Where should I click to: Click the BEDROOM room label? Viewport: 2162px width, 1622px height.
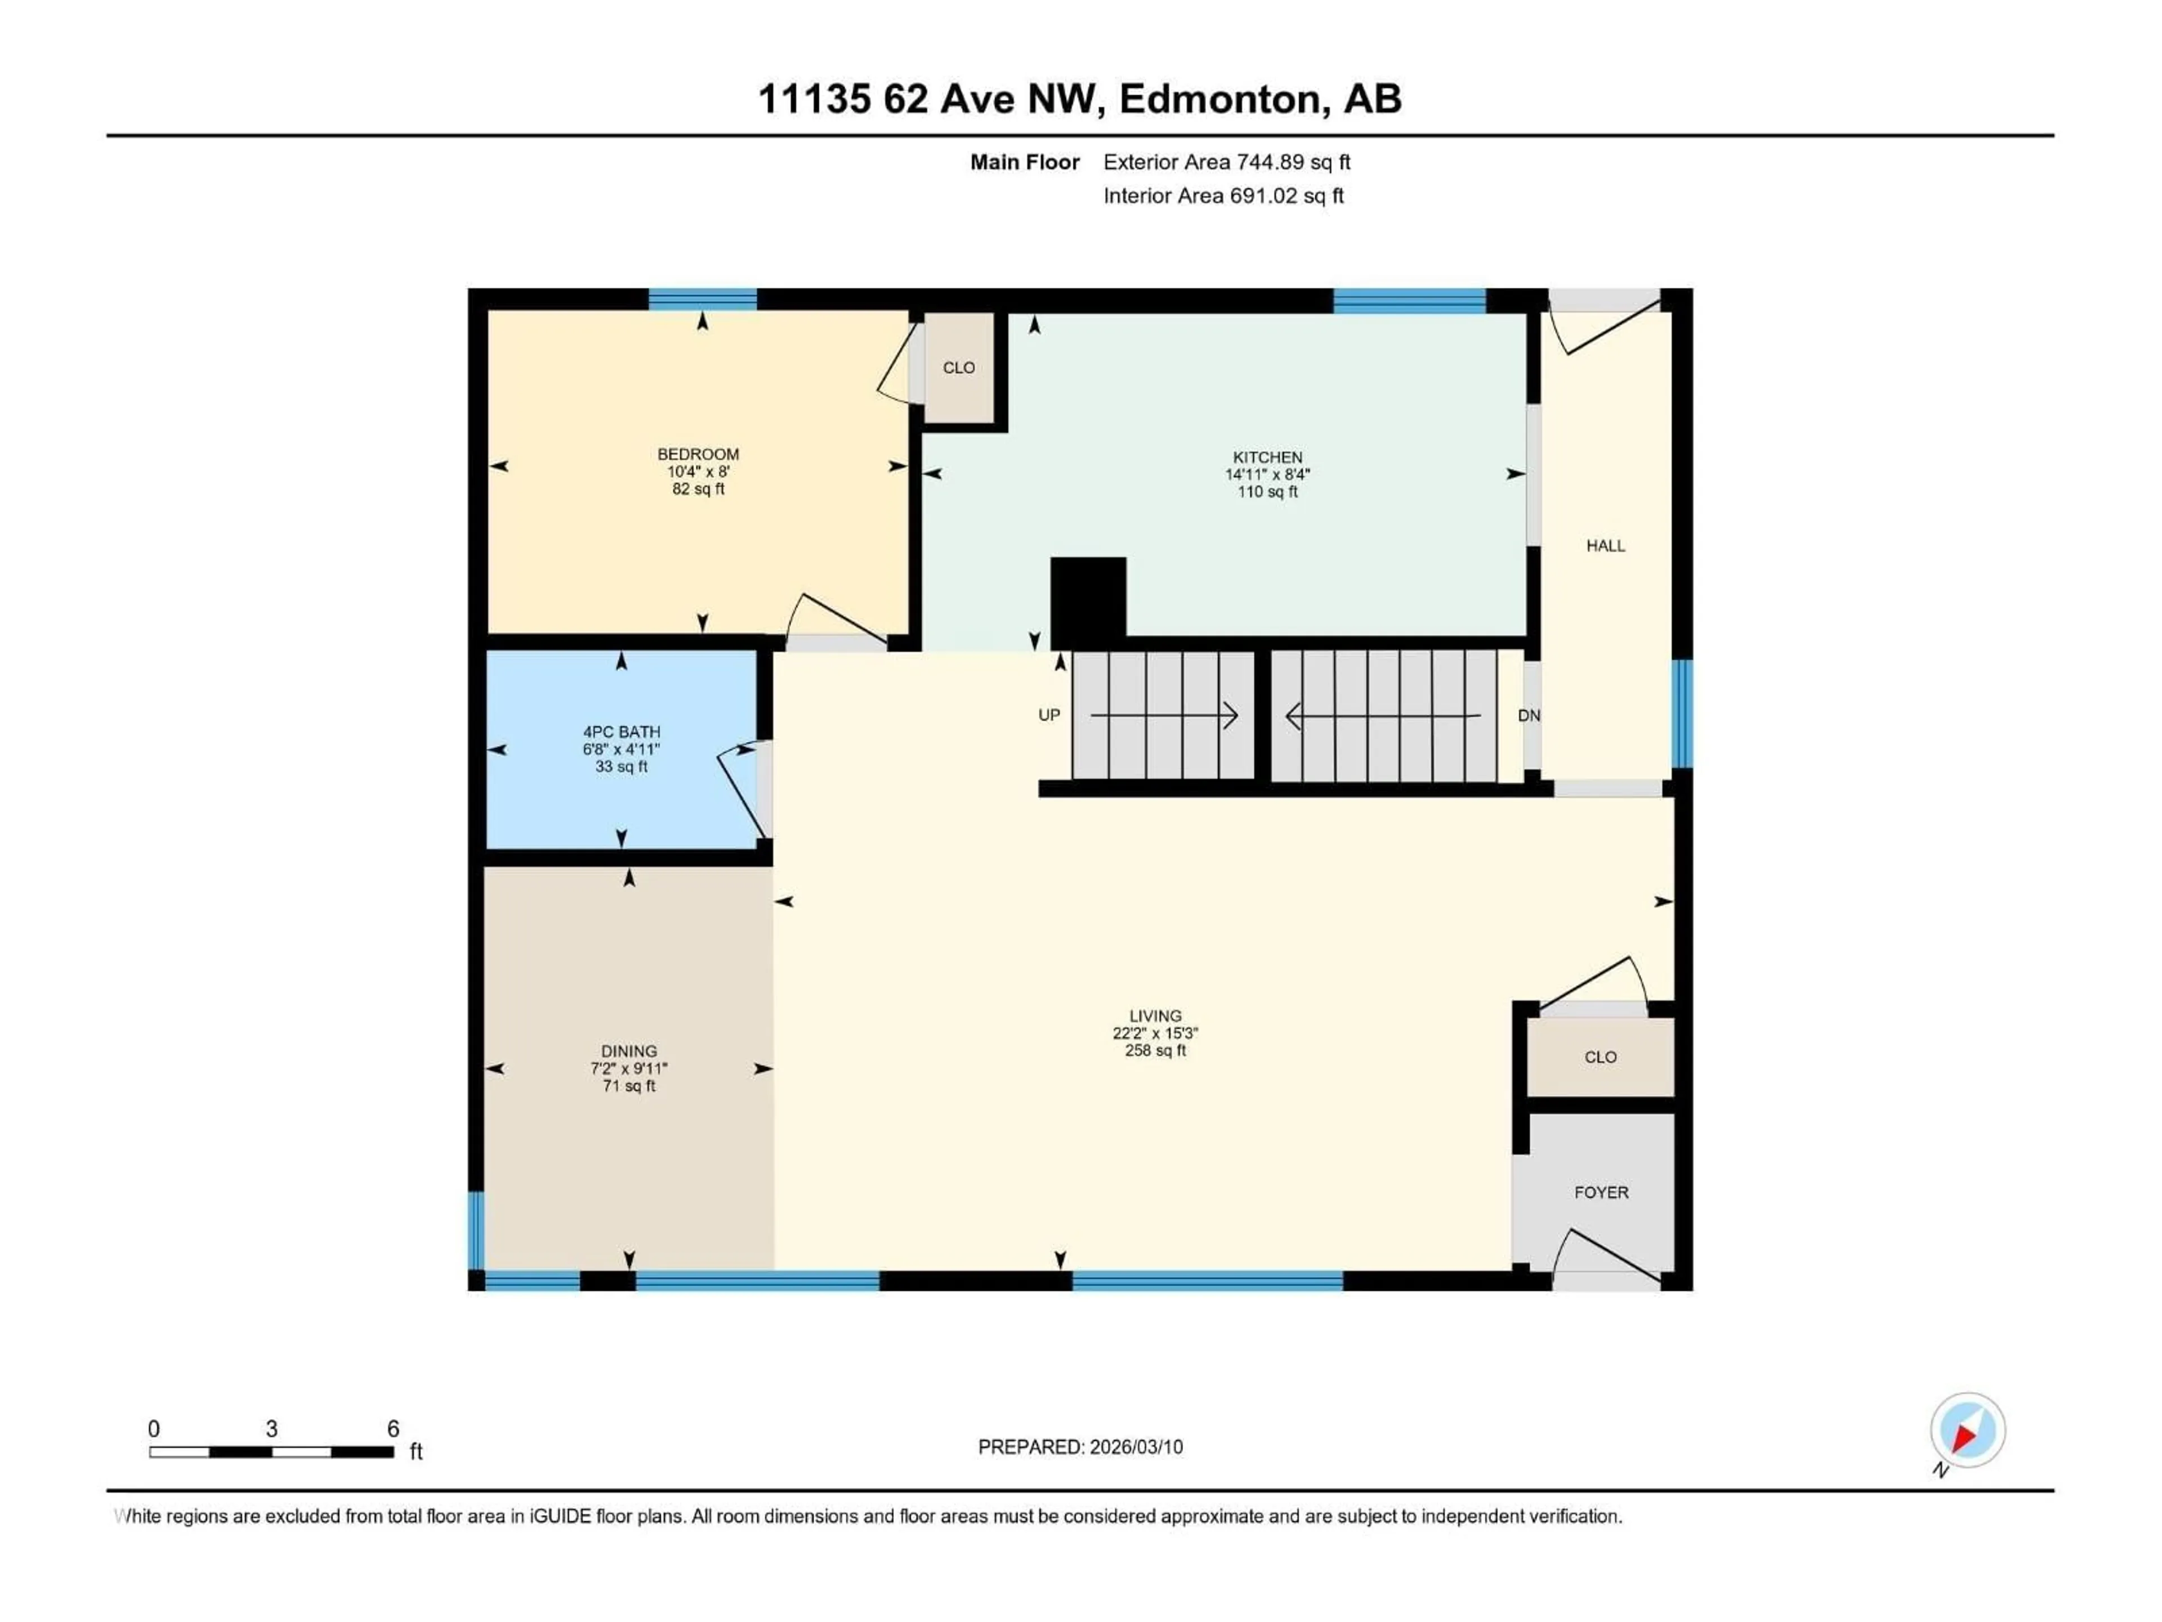[x=698, y=453]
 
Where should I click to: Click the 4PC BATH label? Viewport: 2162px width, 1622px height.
[x=622, y=732]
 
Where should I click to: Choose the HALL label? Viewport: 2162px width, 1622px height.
[x=1605, y=546]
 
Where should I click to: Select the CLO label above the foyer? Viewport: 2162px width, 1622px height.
[x=1600, y=1057]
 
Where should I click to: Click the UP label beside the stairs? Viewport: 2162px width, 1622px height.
[x=1049, y=715]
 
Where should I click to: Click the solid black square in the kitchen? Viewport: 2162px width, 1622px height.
[x=1088, y=596]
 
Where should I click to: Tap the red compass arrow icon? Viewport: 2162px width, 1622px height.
[x=1964, y=1435]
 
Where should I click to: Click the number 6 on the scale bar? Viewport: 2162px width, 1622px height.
[x=393, y=1428]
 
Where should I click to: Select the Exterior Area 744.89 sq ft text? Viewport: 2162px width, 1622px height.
[x=1227, y=162]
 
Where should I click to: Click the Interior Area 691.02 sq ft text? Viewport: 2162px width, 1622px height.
[x=1223, y=195]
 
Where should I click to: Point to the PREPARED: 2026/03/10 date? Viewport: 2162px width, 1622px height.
[x=1080, y=1447]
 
